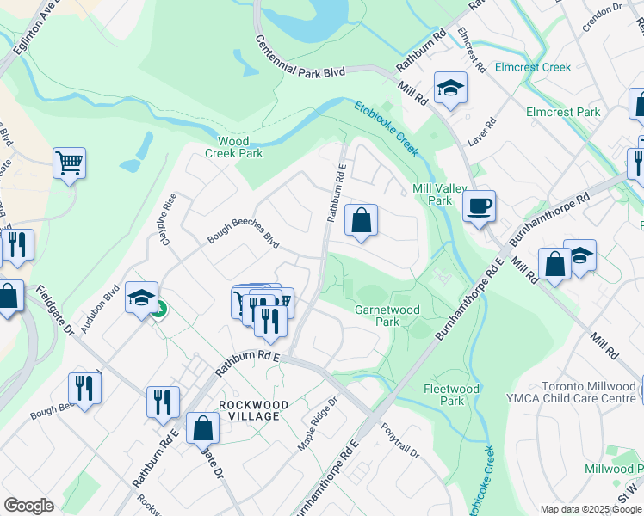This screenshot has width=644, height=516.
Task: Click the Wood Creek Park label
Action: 233,147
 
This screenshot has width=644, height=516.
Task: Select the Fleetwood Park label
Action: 451,395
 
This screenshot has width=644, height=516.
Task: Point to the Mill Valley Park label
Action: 432,194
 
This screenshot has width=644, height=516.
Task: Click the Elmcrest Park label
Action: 563,113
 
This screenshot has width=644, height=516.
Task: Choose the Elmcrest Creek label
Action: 536,67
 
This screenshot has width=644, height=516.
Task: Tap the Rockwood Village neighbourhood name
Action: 249,410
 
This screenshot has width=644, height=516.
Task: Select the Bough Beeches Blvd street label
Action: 245,238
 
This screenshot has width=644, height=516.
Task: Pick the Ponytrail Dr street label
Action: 399,440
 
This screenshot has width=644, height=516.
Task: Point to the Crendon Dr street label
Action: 602,15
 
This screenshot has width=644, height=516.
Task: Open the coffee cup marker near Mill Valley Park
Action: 479,207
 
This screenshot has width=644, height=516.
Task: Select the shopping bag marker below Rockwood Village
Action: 203,428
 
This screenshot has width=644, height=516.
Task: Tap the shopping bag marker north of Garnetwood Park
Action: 362,220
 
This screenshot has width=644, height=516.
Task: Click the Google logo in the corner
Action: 28,506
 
